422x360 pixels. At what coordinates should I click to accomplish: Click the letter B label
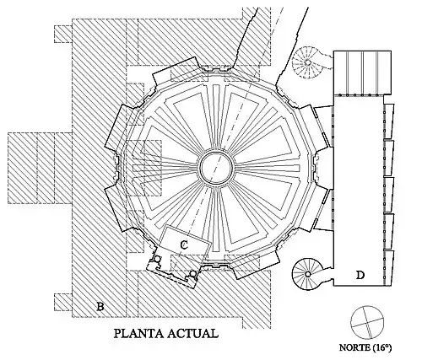click(x=100, y=306)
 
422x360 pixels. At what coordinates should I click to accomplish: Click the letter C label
click(x=184, y=245)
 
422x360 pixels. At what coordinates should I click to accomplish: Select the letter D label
click(x=360, y=275)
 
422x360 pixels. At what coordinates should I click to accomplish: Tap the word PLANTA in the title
click(x=138, y=334)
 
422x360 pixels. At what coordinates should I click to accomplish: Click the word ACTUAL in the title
click(x=193, y=334)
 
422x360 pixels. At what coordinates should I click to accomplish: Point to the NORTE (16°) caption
click(x=365, y=347)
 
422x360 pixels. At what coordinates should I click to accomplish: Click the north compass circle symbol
click(x=367, y=322)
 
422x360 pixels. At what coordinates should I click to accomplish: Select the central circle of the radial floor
click(x=216, y=168)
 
